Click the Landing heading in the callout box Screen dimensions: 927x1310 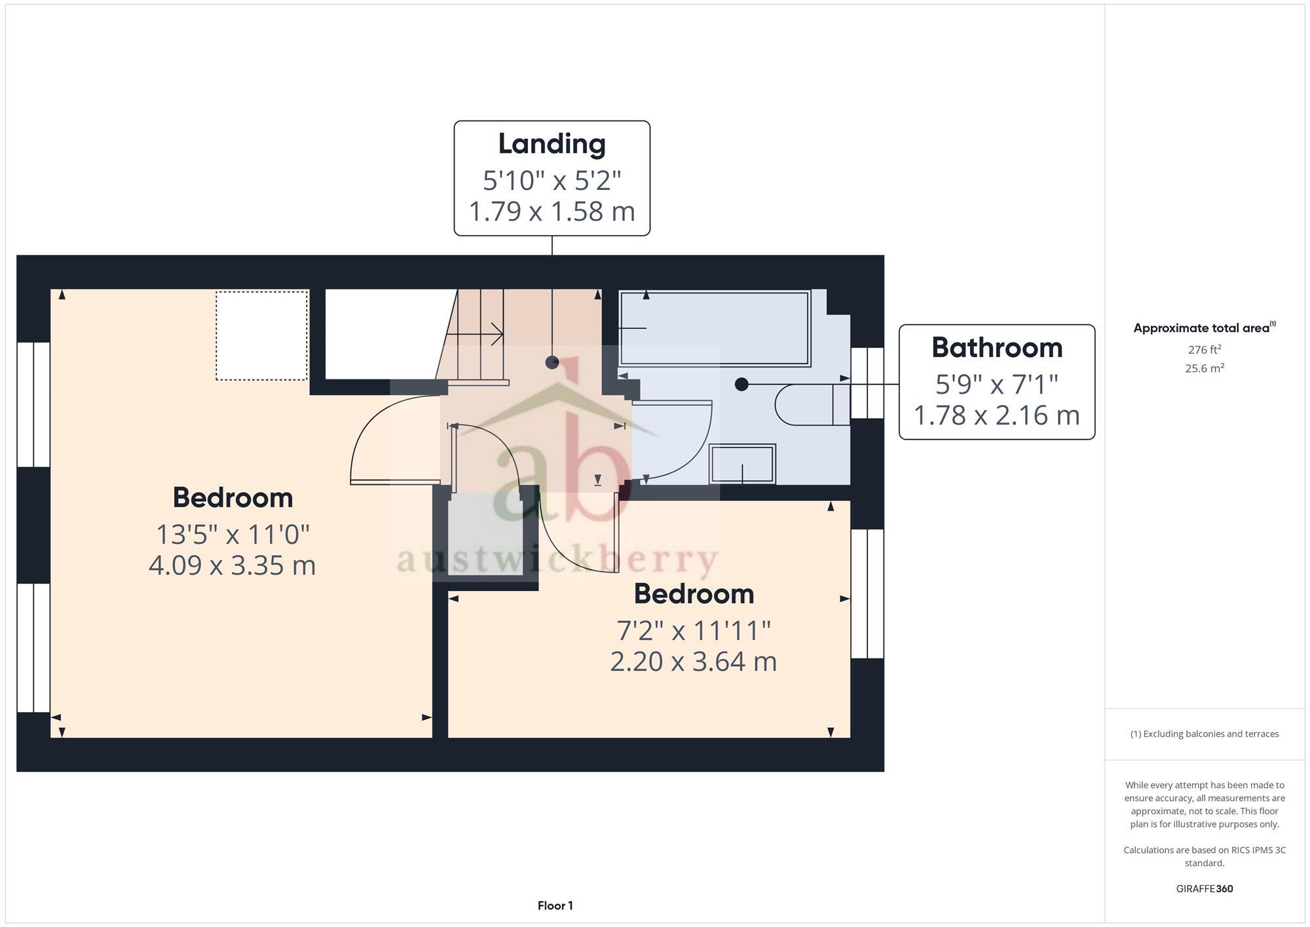pyautogui.click(x=552, y=144)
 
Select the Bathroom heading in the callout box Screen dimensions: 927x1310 pyautogui.click(x=996, y=348)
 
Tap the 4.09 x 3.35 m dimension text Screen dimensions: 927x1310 pyautogui.click(x=233, y=565)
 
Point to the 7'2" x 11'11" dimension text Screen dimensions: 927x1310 pyautogui.click(x=694, y=631)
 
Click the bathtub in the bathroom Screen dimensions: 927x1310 pyautogui.click(x=715, y=328)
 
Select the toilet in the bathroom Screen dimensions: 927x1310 pyautogui.click(x=811, y=405)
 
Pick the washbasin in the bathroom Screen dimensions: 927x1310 pyautogui.click(x=742, y=464)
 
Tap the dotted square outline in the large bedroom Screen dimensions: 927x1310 pyautogui.click(x=261, y=335)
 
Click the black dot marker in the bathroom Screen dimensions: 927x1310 pyautogui.click(x=741, y=385)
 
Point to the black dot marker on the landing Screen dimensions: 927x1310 pyautogui.click(x=552, y=362)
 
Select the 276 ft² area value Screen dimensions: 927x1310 pyautogui.click(x=1204, y=350)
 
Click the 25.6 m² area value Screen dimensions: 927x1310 pyautogui.click(x=1204, y=368)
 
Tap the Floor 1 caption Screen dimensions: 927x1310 pyautogui.click(x=555, y=905)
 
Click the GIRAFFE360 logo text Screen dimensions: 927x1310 pyautogui.click(x=1204, y=889)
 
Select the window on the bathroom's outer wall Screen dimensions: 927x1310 pyautogui.click(x=867, y=383)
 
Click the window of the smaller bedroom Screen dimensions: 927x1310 pyautogui.click(x=867, y=594)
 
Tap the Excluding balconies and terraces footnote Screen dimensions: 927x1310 pyautogui.click(x=1204, y=734)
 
